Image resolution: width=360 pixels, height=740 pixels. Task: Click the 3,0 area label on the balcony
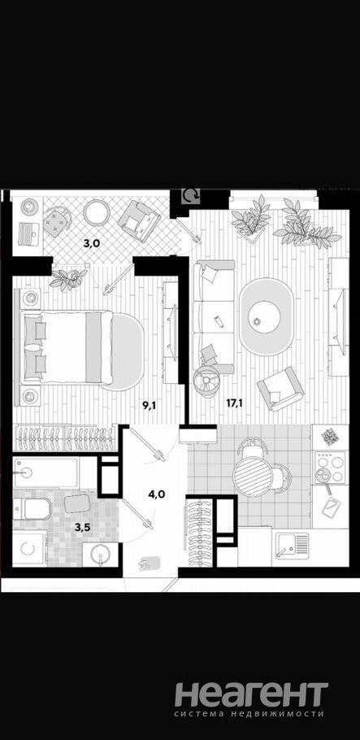pyautogui.click(x=92, y=243)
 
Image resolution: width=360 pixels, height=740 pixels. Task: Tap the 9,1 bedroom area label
pyautogui.click(x=150, y=405)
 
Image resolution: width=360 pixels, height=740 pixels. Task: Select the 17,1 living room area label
pyautogui.click(x=235, y=404)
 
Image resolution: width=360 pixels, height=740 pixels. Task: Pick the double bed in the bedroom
pyautogui.click(x=66, y=347)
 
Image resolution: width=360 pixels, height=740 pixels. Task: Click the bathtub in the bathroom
pyautogui.click(x=46, y=472)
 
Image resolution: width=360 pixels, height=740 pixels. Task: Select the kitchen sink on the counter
pyautogui.click(x=290, y=546)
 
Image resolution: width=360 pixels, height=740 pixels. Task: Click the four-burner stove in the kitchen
pyautogui.click(x=330, y=467)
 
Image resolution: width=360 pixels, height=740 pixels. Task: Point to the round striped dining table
pyautogui.click(x=253, y=477)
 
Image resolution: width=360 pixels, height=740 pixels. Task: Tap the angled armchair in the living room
pyautogui.click(x=280, y=388)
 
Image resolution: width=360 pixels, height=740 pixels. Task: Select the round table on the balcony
pyautogui.click(x=97, y=212)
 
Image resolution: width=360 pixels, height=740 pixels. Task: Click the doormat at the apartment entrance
pyautogui.click(x=150, y=563)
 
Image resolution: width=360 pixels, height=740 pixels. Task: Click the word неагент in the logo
pyautogui.click(x=251, y=694)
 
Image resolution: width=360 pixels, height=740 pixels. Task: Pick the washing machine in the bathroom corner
pyautogui.click(x=28, y=548)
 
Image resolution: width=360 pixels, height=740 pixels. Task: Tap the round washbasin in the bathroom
pyautogui.click(x=101, y=554)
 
